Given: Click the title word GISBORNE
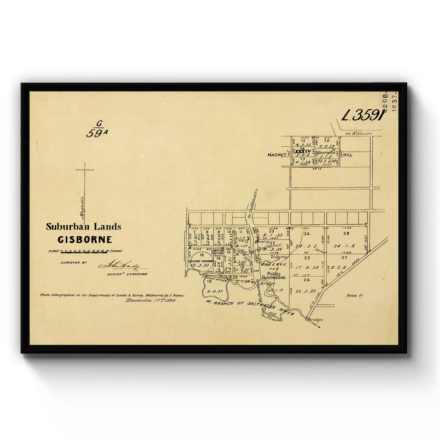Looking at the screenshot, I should point(85,240).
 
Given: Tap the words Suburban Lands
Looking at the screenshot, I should point(83,227).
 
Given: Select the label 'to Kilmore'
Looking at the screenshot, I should point(358,133).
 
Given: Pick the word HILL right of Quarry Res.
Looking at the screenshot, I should point(347,155).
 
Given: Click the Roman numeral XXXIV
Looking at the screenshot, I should point(303,151).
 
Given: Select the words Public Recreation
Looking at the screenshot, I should point(274,276).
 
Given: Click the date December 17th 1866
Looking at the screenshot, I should point(150,300).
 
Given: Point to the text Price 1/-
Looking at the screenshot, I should point(354,296).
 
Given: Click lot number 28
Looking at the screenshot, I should point(346,233).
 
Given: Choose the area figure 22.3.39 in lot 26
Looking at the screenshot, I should point(306,291).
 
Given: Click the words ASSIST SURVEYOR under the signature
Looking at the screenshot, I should point(127,274).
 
